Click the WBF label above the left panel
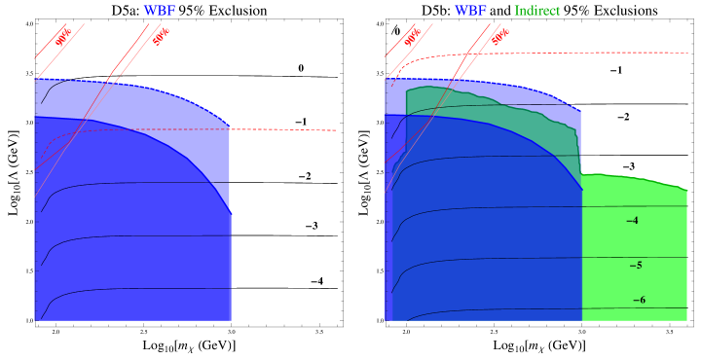pos(160,11)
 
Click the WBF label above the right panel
pos(470,11)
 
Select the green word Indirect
pos(536,11)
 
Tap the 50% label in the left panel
pos(162,37)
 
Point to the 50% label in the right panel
pos(500,37)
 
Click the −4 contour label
pos(632,221)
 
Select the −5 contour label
pos(635,265)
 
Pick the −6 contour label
pos(639,300)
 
